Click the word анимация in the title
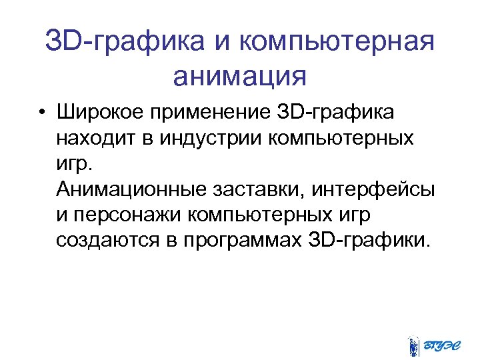(239, 75)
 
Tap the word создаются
(107, 239)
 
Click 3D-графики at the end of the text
(367, 239)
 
